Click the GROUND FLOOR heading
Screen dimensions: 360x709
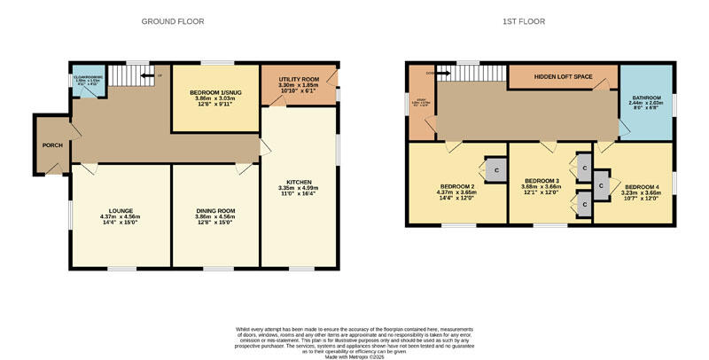173,20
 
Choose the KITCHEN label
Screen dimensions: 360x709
298,183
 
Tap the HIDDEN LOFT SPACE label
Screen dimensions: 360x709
562,77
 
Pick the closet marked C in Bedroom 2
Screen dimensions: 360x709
496,169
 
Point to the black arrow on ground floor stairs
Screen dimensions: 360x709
147,75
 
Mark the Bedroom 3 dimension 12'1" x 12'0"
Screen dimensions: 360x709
541,193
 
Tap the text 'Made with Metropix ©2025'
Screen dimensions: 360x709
354,356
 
